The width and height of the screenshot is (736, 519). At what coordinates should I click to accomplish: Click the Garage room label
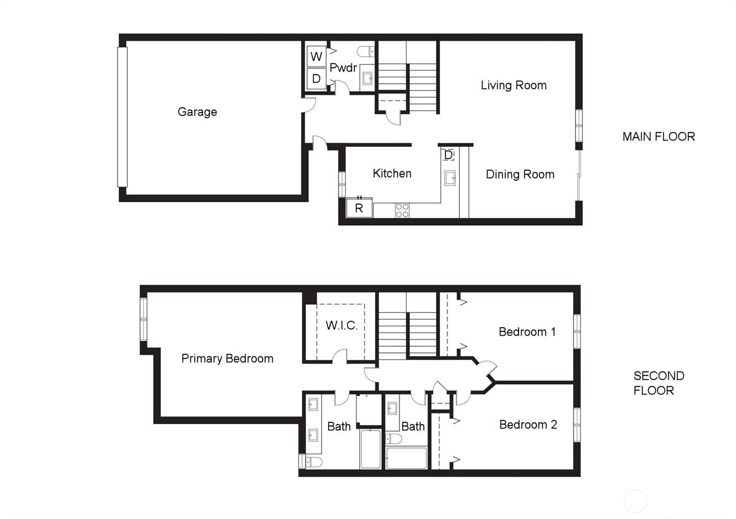pyautogui.click(x=197, y=112)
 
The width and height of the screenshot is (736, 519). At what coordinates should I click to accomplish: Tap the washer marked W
pyautogui.click(x=316, y=56)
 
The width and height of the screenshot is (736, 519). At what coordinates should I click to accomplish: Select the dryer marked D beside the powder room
pyautogui.click(x=316, y=79)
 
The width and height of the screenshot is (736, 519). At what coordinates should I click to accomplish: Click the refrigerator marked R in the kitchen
pyautogui.click(x=359, y=208)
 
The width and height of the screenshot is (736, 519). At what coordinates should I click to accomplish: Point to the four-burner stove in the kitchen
pyautogui.click(x=402, y=211)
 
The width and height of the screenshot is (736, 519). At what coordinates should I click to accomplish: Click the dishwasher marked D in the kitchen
pyautogui.click(x=448, y=155)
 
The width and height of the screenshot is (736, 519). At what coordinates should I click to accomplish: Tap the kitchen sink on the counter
pyautogui.click(x=450, y=178)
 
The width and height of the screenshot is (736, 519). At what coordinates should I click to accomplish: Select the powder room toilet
pyautogui.click(x=366, y=51)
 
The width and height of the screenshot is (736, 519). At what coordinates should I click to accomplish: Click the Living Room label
pyautogui.click(x=513, y=85)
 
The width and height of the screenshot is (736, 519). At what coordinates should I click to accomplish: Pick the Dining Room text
pyautogui.click(x=520, y=174)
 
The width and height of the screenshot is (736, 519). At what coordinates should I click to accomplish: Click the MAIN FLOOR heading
pyautogui.click(x=658, y=136)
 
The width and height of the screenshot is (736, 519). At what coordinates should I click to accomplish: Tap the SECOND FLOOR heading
pyautogui.click(x=659, y=383)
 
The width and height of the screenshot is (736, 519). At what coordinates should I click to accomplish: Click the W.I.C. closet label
pyautogui.click(x=341, y=326)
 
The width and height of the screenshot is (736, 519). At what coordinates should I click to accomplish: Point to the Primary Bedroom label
pyautogui.click(x=227, y=359)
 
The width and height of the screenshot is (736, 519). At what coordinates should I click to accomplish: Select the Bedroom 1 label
pyautogui.click(x=527, y=332)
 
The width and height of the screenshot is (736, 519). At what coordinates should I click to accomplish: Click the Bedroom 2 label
pyautogui.click(x=528, y=424)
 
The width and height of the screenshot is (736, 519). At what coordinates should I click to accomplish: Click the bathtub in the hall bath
pyautogui.click(x=407, y=458)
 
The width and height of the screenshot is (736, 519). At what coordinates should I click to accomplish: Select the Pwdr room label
pyautogui.click(x=343, y=68)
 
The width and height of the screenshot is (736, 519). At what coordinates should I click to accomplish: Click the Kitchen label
pyautogui.click(x=392, y=174)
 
